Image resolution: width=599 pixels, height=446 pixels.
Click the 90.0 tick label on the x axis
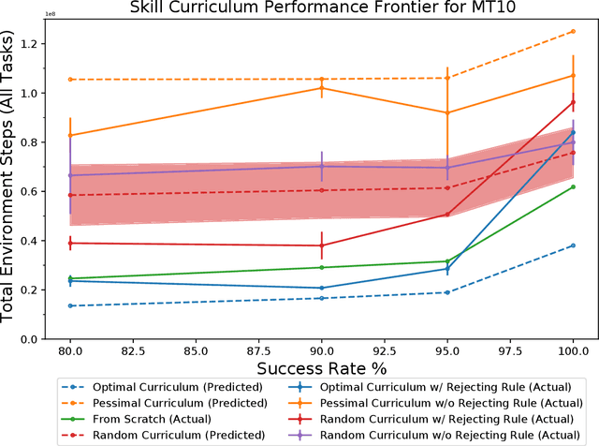pyautogui.click(x=321, y=348)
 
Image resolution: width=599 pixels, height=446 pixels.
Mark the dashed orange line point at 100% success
pyautogui.click(x=573, y=31)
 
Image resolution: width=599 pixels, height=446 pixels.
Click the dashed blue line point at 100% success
pyautogui.click(x=573, y=245)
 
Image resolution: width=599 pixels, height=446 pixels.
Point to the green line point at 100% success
pyautogui.click(x=573, y=186)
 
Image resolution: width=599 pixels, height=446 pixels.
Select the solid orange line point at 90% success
pyautogui.click(x=321, y=88)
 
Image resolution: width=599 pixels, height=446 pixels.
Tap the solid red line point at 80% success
pyautogui.click(x=69, y=243)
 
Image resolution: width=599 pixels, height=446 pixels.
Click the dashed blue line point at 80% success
pyautogui.click(x=69, y=305)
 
